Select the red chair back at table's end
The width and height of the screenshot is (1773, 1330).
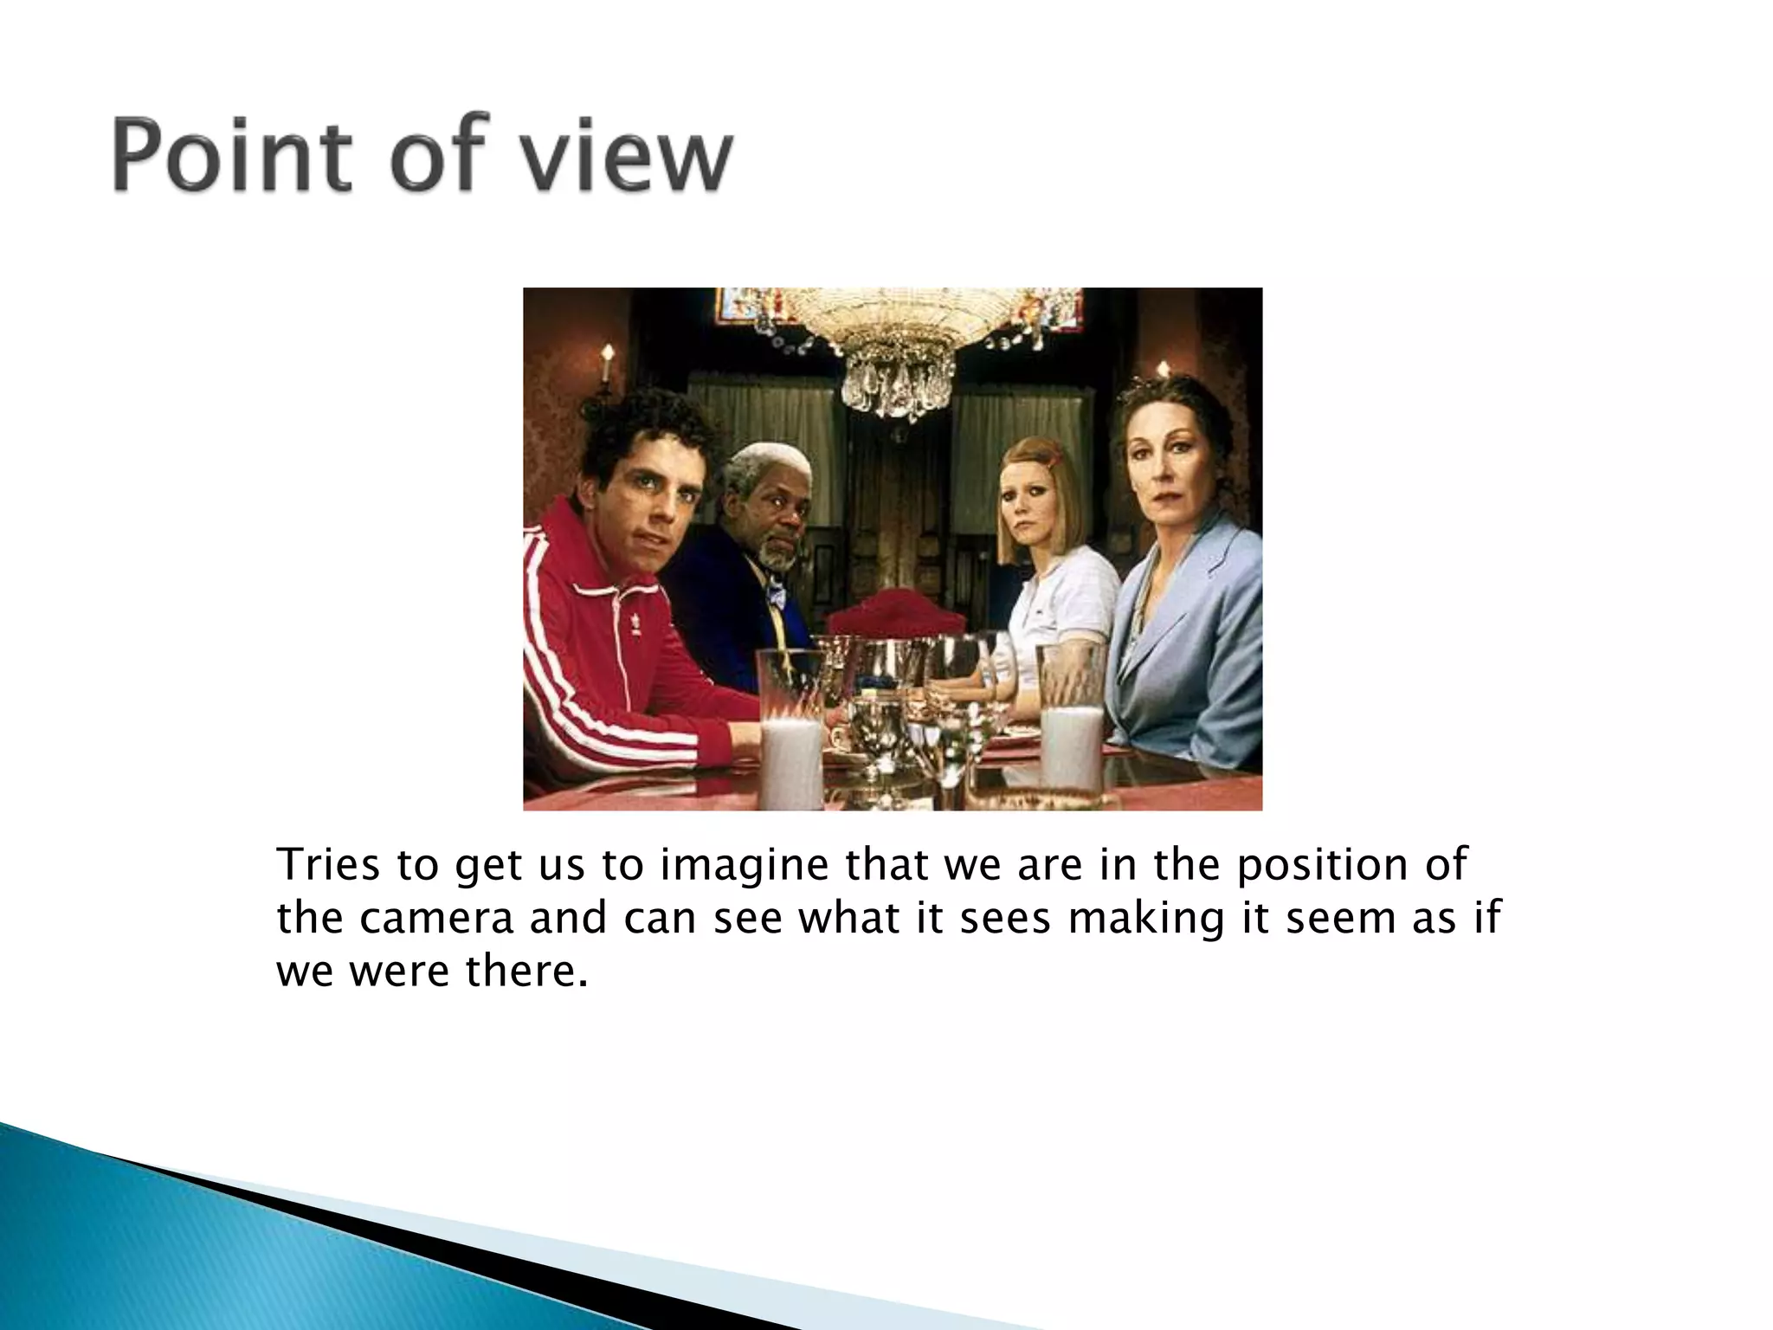[x=896, y=614]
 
